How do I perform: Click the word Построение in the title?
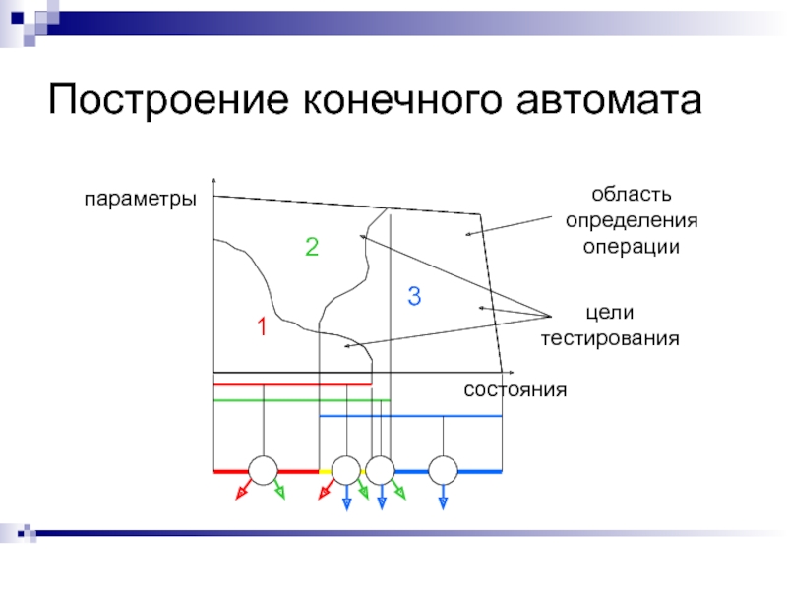(166, 100)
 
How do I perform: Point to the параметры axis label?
(140, 198)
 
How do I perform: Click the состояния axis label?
(515, 389)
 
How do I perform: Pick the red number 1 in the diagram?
(263, 326)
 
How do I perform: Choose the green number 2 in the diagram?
(311, 247)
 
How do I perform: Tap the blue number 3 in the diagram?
(413, 295)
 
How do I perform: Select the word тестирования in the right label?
(610, 338)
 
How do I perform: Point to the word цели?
(610, 313)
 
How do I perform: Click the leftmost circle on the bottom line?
(264, 471)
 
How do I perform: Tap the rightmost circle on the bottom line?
(444, 471)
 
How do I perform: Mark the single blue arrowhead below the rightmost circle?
(444, 502)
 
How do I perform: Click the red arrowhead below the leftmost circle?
(238, 495)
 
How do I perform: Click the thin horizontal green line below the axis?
(295, 400)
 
